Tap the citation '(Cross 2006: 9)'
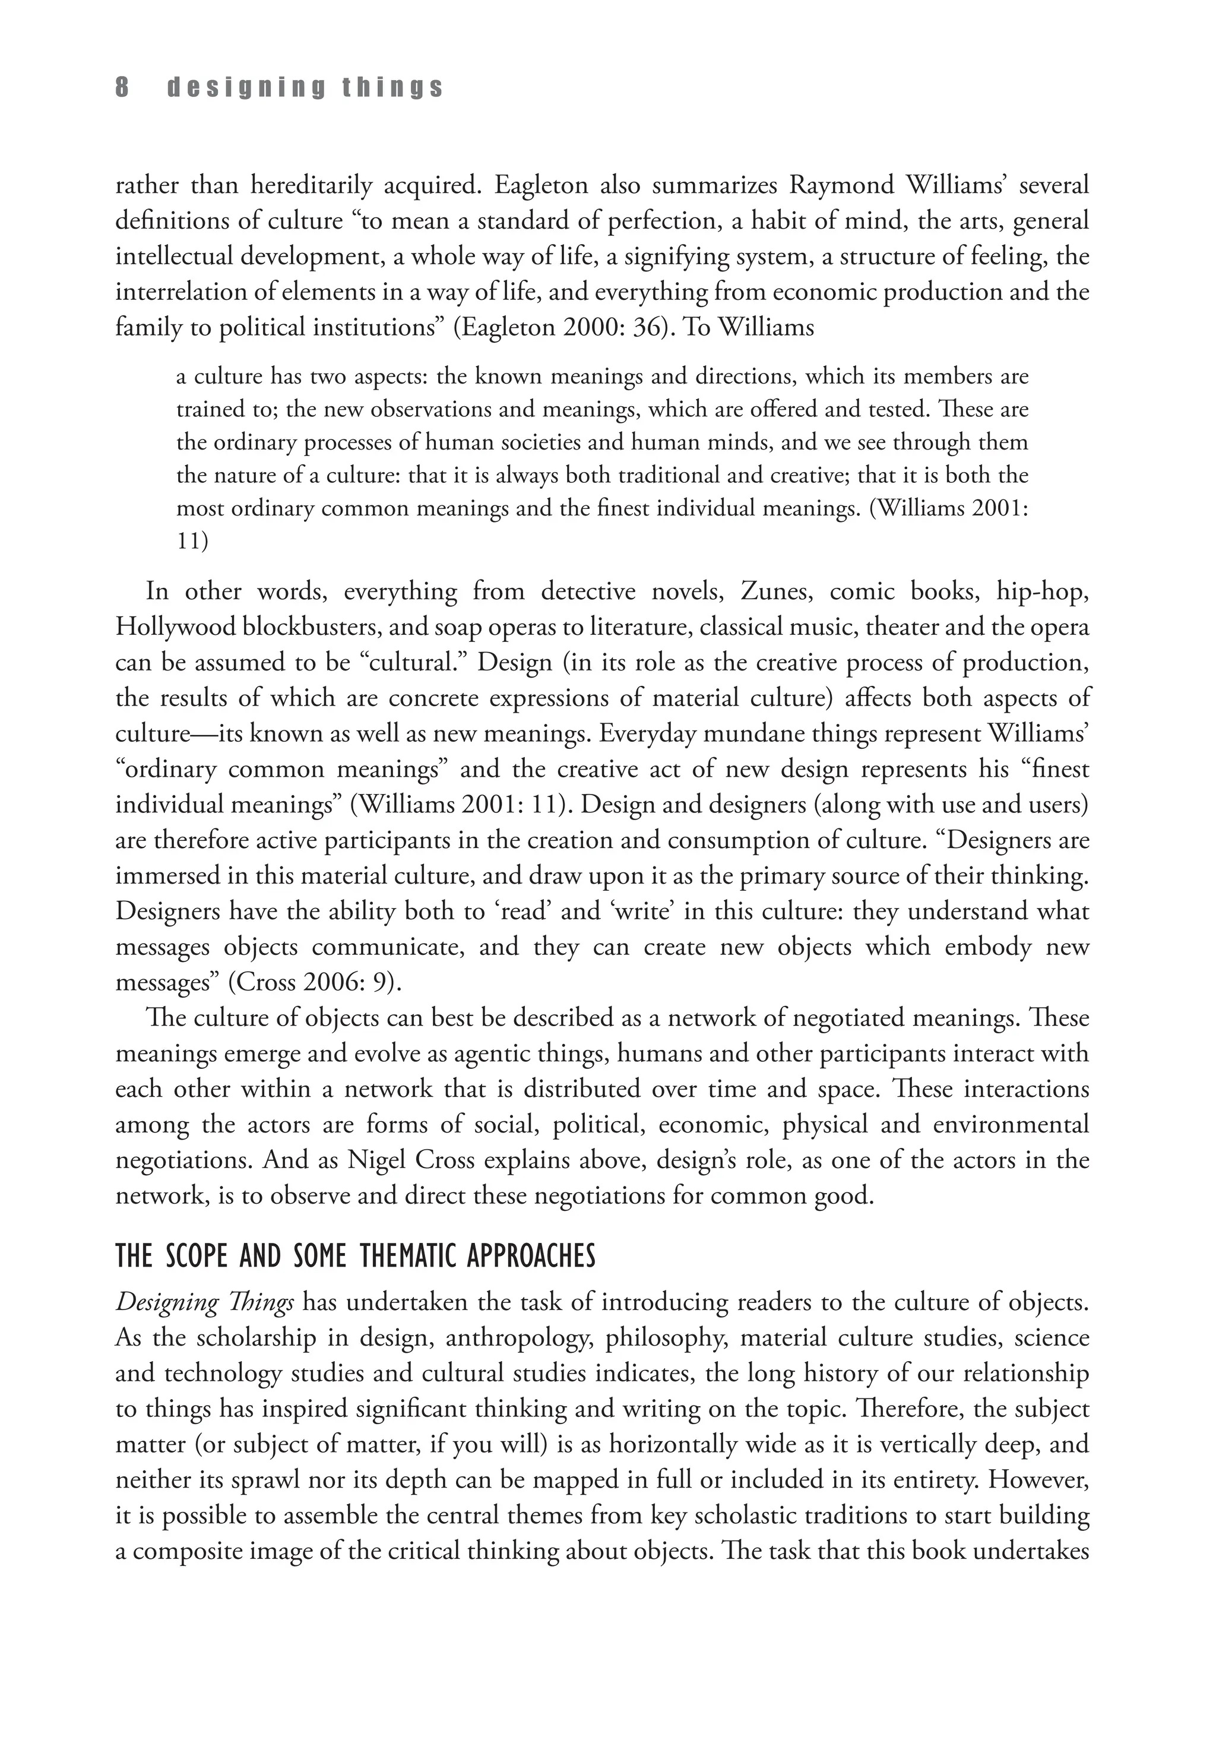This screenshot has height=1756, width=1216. (x=315, y=983)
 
